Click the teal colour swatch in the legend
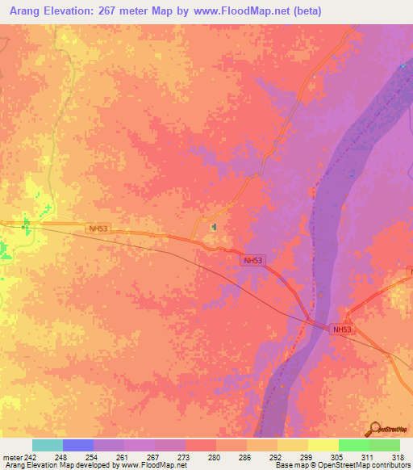pos(47,445)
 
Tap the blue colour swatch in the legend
pos(77,445)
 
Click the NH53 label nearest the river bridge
pos(342,329)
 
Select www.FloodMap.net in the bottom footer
pos(152,465)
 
